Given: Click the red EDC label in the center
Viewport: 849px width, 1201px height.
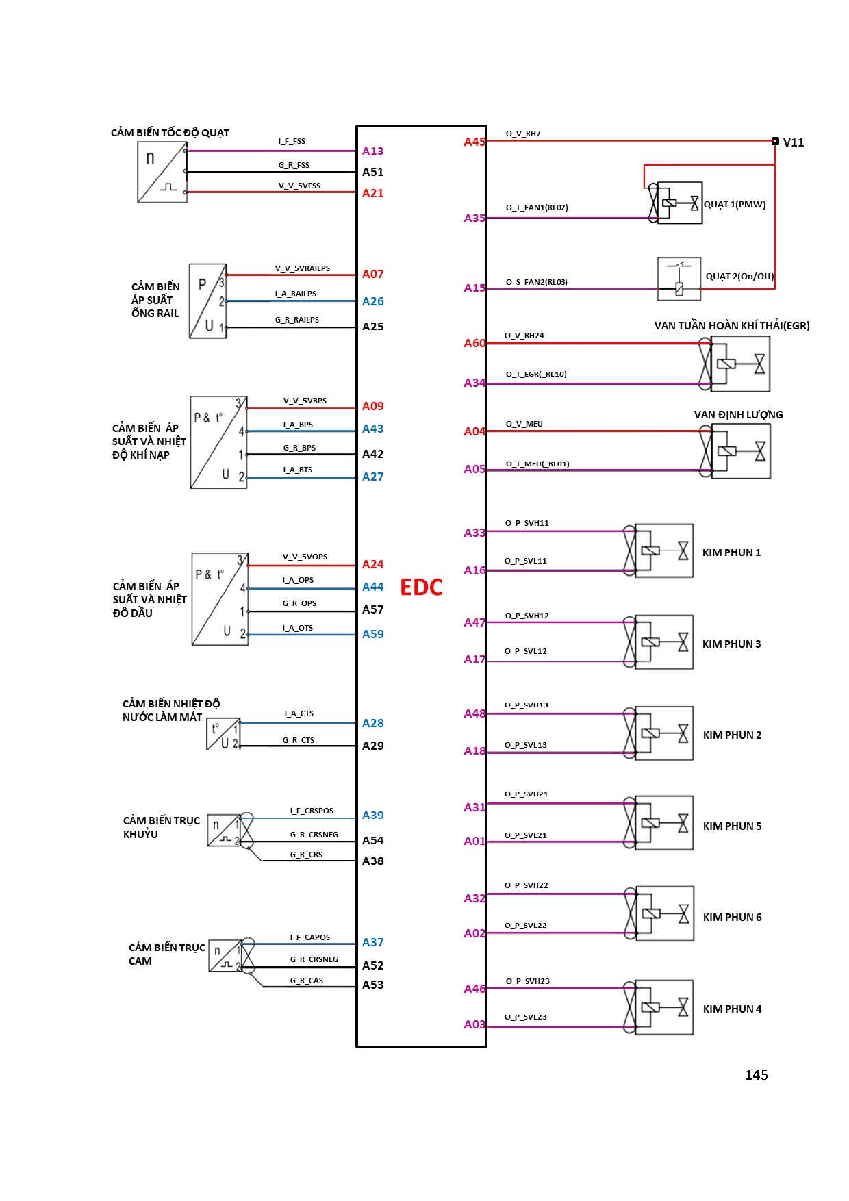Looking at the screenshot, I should (x=421, y=587).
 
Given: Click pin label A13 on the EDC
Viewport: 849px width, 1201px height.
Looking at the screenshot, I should (x=372, y=151).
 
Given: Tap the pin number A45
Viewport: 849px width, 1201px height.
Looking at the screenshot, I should (x=474, y=142).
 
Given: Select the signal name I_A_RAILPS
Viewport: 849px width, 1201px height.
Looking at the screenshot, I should (x=296, y=294).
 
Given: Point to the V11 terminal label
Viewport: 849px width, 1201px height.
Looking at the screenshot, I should (x=793, y=142).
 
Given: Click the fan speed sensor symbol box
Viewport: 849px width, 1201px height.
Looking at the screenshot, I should (x=162, y=172).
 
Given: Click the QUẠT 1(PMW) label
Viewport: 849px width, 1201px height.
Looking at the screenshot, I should (x=735, y=205).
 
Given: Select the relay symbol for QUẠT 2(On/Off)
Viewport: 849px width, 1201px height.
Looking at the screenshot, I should (x=679, y=279).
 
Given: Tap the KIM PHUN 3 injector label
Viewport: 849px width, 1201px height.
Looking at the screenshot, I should (x=731, y=644).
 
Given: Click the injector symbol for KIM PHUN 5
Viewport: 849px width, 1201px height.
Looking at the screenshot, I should (x=663, y=823).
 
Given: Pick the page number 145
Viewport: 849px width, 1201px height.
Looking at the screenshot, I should (x=756, y=1075).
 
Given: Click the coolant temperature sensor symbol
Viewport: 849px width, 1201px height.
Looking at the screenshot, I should (x=223, y=734).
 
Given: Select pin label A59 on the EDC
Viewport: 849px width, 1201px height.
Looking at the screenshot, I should (x=372, y=634).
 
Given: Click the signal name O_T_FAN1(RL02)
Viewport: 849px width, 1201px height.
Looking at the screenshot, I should (x=537, y=207).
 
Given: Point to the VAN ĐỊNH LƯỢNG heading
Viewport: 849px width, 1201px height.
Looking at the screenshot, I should (x=738, y=415).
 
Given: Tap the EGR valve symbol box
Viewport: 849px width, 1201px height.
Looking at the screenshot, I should (x=739, y=364).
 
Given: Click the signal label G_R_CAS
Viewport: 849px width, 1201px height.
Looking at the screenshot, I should (x=306, y=981).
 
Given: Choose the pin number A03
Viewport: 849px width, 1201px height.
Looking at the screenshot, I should (x=474, y=1024).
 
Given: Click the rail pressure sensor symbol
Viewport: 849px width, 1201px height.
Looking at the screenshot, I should (x=208, y=301).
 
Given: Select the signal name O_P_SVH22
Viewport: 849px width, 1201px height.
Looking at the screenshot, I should (x=526, y=885).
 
